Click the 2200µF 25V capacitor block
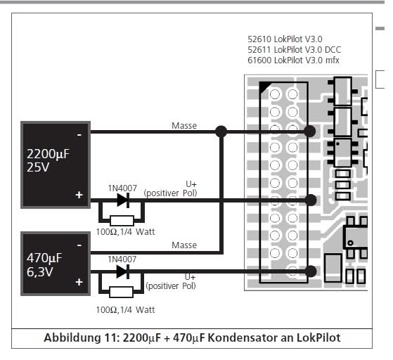[56, 165]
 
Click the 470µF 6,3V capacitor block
[56, 264]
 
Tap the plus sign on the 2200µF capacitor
[79, 195]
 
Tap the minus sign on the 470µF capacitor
[79, 245]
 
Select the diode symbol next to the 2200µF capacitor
[123, 200]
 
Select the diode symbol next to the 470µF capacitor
[123, 271]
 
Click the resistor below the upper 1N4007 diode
[122, 221]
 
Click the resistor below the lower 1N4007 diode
[122, 292]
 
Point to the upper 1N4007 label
[122, 188]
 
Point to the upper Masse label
[184, 126]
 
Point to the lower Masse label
[184, 245]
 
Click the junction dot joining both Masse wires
[221, 131]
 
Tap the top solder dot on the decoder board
[310, 131]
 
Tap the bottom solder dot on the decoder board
[311, 271]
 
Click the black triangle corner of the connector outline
[264, 86]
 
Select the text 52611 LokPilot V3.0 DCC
[295, 50]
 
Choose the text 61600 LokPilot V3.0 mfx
[293, 60]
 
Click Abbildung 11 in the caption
[80, 337]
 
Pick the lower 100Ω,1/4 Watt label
[125, 310]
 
